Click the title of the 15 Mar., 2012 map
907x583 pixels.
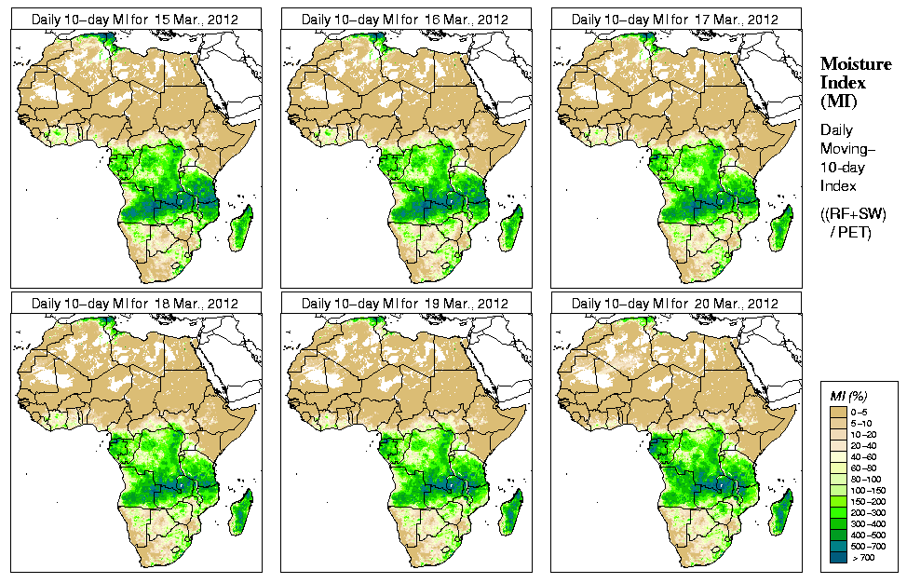135,19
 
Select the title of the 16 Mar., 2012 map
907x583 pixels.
405,19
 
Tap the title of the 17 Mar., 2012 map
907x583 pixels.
675,19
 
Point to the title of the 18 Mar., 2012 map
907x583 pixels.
135,304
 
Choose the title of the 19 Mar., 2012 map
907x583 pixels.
405,304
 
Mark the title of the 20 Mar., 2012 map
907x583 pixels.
675,304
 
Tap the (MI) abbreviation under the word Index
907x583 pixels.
838,101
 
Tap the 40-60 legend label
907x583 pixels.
863,455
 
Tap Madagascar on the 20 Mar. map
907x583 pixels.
781,511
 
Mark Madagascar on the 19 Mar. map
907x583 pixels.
511,511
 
